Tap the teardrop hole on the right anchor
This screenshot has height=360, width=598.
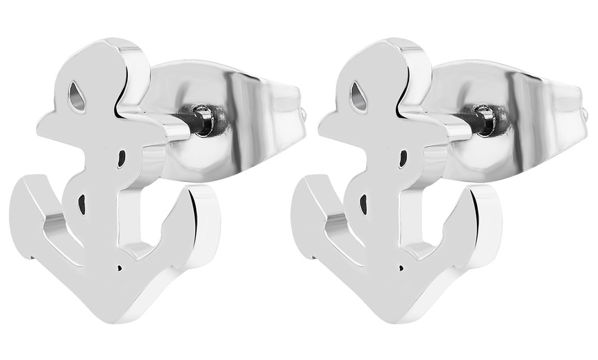tap(358, 98)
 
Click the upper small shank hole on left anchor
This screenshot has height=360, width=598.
tap(122, 159)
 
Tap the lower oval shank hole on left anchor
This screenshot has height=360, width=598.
tap(82, 203)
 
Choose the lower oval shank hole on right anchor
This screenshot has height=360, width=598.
tap(363, 203)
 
